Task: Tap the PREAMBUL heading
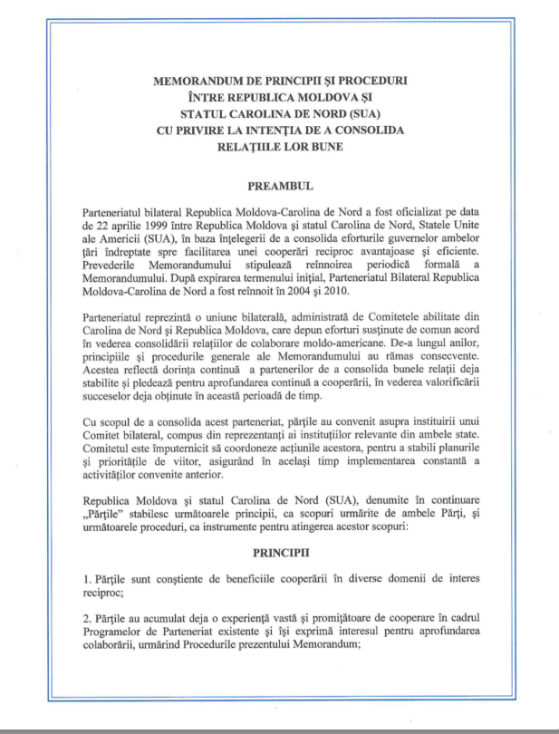point(280,186)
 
